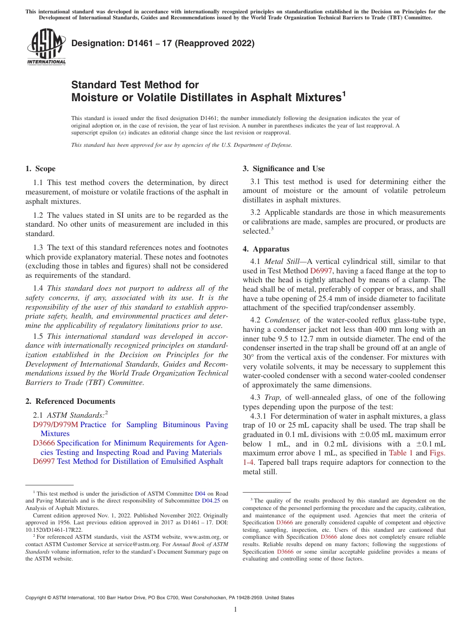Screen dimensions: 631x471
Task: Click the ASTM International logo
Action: click(46, 47)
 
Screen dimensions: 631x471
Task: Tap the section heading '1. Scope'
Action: click(41, 169)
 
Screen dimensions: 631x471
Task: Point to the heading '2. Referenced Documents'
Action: click(70, 401)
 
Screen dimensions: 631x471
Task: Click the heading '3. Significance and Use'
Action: click(284, 169)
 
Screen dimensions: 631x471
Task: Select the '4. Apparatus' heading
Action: click(266, 249)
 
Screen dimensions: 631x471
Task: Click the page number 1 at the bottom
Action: click(235, 609)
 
